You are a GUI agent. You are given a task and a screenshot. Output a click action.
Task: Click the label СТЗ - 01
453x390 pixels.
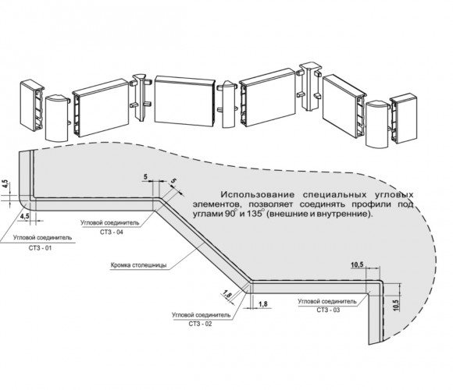point(40,248)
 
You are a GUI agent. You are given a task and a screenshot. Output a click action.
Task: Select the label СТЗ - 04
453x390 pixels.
point(112,232)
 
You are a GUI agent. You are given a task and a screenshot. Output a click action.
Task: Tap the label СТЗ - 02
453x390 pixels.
point(200,324)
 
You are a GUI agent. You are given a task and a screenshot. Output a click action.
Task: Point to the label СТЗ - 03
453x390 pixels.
point(328,310)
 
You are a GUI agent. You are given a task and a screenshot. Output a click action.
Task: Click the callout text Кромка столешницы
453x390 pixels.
point(138,265)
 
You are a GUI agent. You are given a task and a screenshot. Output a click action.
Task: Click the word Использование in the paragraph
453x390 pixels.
point(258,195)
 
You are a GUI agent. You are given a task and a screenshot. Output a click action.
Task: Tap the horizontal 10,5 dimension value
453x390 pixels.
point(357,264)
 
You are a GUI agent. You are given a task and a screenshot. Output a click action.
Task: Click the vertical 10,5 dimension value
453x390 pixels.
point(396,305)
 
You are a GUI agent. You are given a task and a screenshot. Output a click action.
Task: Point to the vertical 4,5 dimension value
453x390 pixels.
point(6,185)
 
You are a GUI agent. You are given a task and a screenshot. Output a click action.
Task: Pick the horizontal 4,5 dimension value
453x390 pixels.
point(24,216)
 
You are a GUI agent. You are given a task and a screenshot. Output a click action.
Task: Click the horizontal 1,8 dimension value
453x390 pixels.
point(263,303)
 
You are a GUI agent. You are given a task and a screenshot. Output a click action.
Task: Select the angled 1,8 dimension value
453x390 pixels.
point(227,295)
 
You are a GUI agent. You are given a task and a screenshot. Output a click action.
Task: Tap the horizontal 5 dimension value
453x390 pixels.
point(145,177)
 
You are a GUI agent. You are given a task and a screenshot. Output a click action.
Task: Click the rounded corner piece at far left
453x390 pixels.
point(57,119)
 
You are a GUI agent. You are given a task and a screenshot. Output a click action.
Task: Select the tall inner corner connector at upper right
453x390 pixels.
point(309,86)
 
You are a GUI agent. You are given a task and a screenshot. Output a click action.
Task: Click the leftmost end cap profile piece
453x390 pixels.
point(32,106)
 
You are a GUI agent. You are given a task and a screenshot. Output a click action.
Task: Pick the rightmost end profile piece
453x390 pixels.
point(404,118)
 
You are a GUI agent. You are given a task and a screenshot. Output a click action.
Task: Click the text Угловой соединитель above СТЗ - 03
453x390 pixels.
point(327,301)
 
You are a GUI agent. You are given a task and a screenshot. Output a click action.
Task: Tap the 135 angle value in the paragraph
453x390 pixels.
point(255,214)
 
